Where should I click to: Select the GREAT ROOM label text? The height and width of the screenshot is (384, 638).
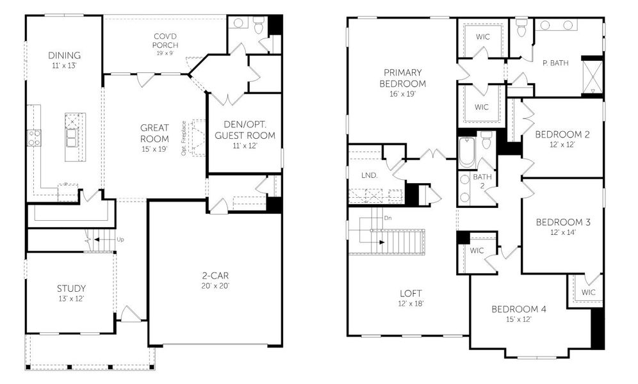155,133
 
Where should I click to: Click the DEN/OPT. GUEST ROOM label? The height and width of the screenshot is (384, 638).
245,130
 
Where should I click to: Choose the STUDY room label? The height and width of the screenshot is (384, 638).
71,289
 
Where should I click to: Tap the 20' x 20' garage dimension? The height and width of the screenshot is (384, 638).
215,285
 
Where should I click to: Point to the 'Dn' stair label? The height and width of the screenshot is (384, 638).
388,218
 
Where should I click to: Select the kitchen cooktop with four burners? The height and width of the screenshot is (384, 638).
34,137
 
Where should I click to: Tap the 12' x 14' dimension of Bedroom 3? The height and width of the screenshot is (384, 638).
563,233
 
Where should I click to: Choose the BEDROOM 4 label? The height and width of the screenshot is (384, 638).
519,309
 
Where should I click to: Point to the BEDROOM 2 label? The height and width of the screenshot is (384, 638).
562,134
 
